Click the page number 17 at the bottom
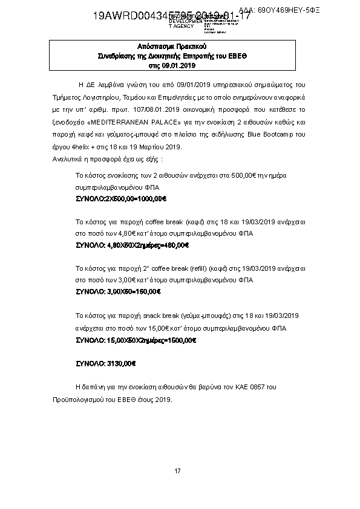coord(177,471)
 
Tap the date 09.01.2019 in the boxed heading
coord(180,65)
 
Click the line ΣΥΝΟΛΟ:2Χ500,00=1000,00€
coord(120,198)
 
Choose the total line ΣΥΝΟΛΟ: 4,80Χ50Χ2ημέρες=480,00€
coord(132,245)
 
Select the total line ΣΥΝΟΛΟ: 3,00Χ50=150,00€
coord(118,291)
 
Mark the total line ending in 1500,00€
coord(136,340)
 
